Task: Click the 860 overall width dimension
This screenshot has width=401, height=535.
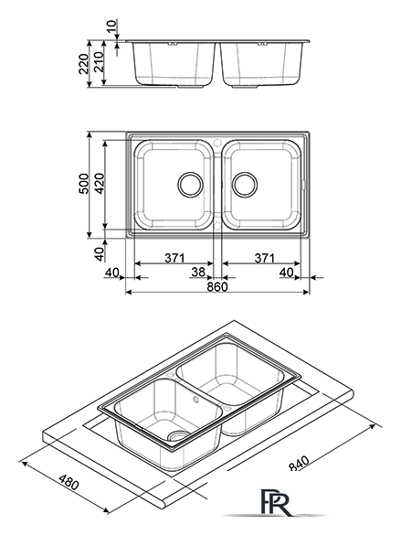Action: [x=217, y=286]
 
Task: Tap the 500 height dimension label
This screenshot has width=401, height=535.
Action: [x=84, y=184]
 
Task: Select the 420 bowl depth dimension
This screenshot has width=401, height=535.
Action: [x=100, y=184]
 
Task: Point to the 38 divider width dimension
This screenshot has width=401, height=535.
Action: [x=198, y=272]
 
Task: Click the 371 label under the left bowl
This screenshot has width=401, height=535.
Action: [x=174, y=258]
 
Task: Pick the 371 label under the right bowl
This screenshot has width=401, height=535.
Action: [x=264, y=258]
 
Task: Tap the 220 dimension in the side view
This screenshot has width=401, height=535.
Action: [x=83, y=63]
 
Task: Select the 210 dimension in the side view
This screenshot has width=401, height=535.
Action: [x=99, y=62]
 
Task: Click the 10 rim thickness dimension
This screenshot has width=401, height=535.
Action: [x=112, y=27]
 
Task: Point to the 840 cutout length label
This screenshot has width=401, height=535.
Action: [x=299, y=463]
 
